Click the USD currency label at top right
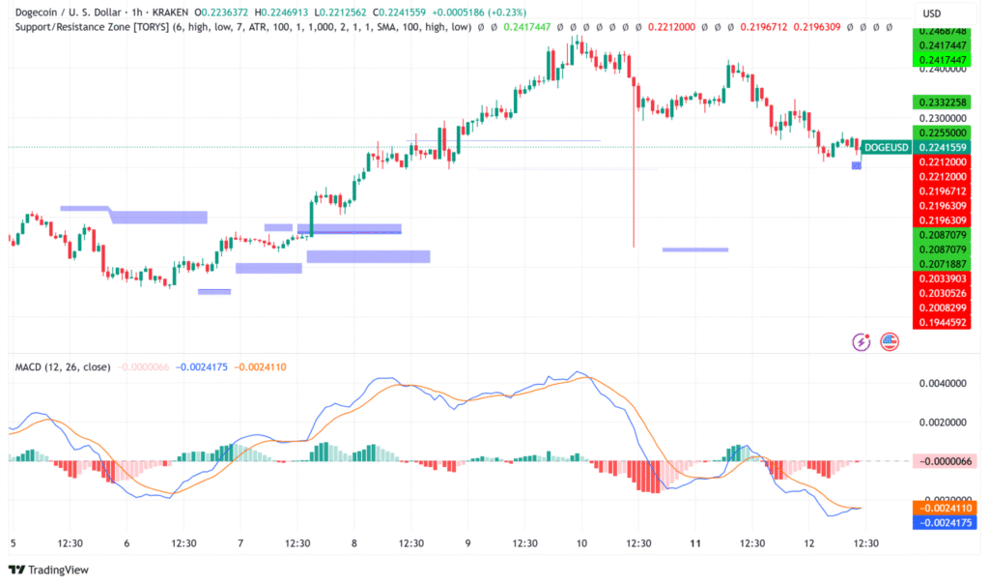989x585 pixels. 932,13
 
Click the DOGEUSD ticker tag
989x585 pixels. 885,147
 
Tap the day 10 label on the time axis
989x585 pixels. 581,543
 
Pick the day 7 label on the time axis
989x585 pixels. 241,543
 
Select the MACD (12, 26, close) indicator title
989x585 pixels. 62,367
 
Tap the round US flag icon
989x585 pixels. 889,341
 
